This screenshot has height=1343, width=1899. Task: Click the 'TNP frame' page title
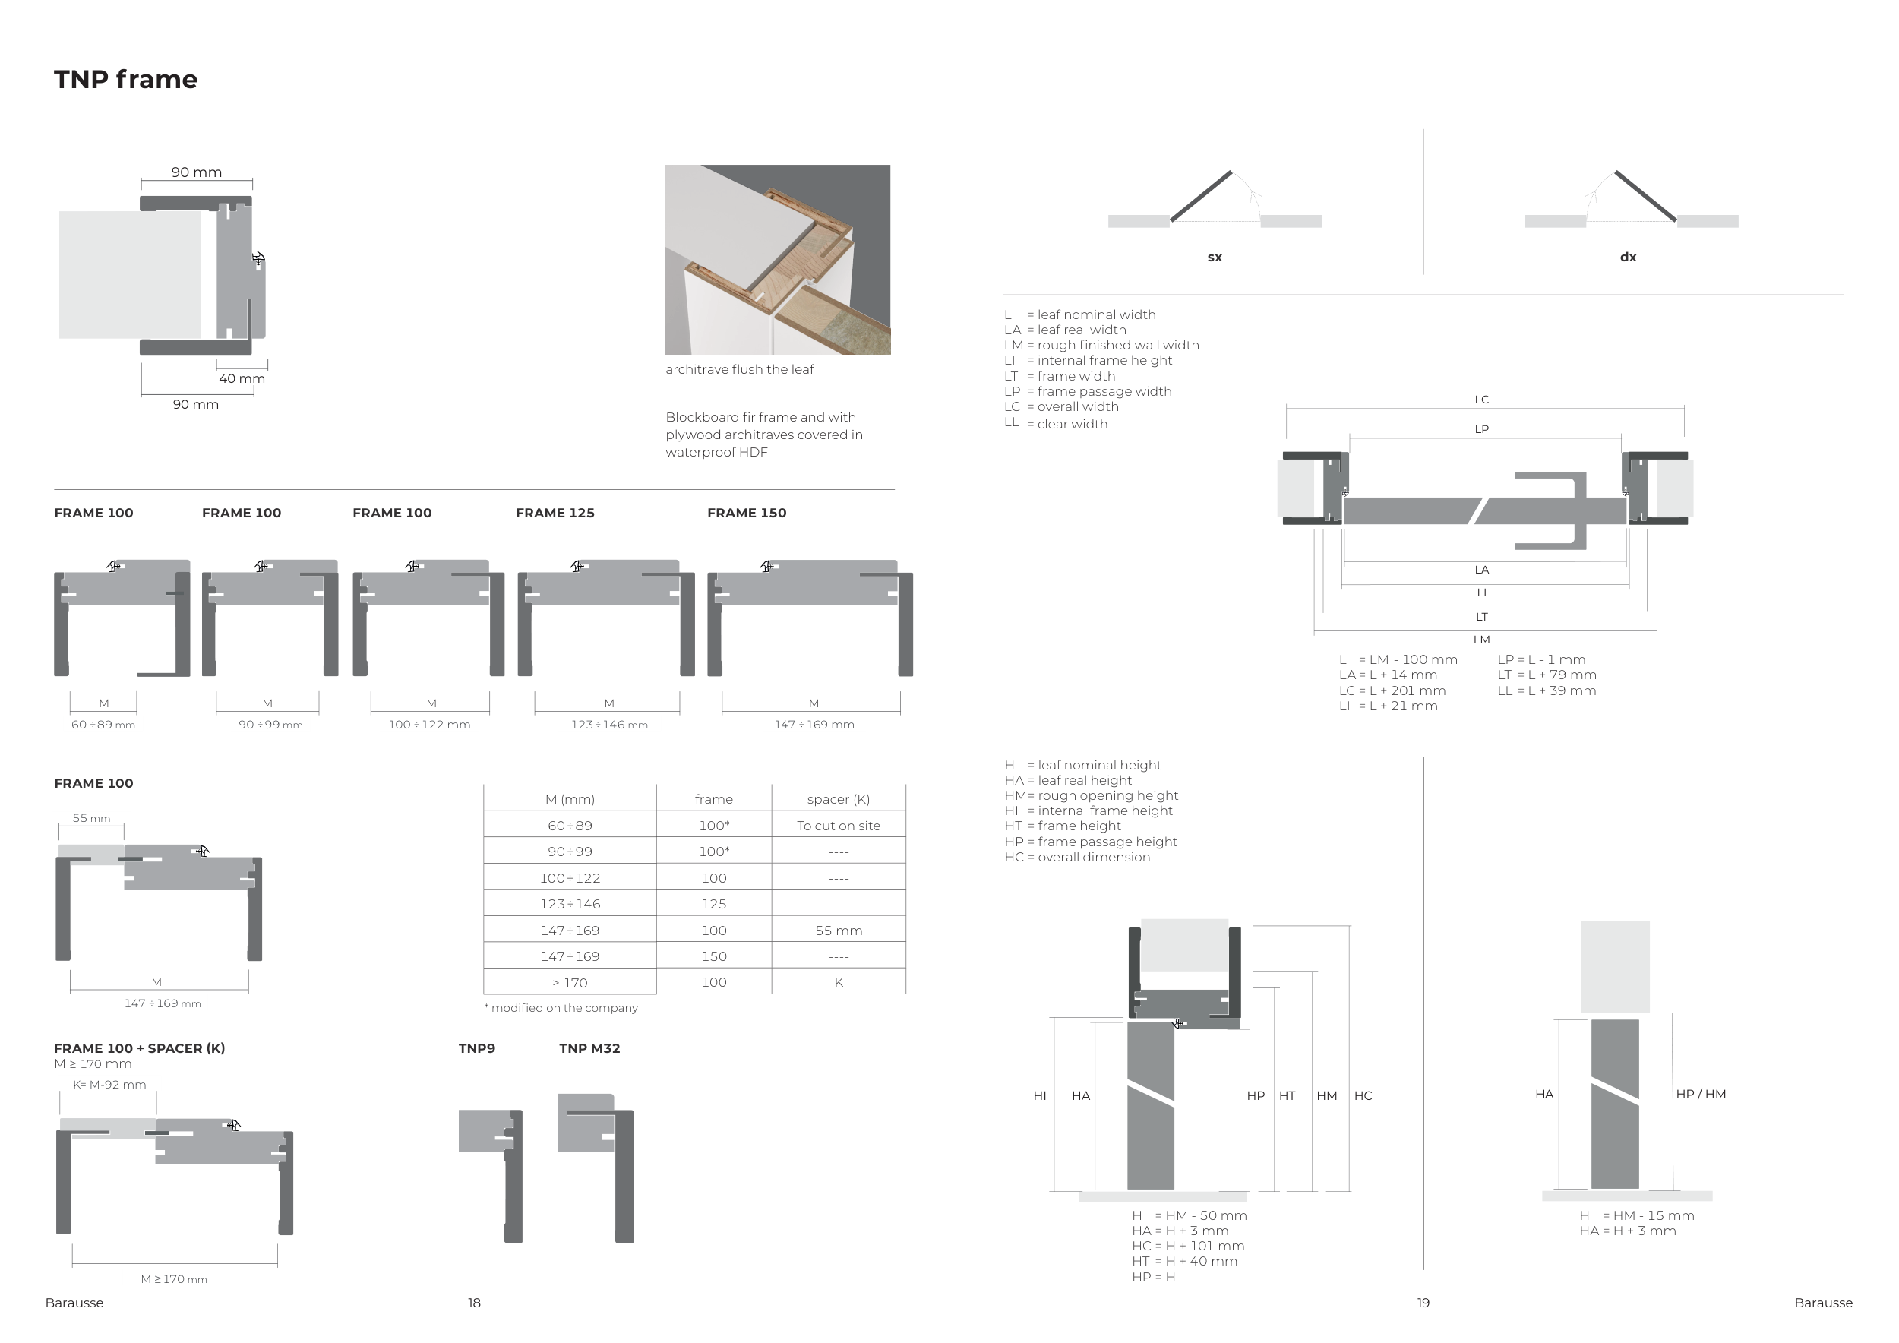pyautogui.click(x=126, y=80)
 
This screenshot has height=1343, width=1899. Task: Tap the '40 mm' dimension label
pyautogui.click(x=242, y=379)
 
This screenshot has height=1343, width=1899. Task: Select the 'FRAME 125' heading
pyautogui.click(x=555, y=513)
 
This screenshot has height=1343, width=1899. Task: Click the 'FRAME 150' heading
pyautogui.click(x=746, y=513)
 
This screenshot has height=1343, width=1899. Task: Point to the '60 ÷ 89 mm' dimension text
pyautogui.click(x=103, y=725)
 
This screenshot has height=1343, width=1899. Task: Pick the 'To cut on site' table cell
pyautogui.click(x=838, y=825)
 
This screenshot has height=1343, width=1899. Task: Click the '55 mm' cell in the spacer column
pyautogui.click(x=838, y=931)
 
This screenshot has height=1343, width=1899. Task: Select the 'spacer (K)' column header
pyautogui.click(x=838, y=799)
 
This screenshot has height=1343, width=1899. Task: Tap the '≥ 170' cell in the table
pyautogui.click(x=570, y=982)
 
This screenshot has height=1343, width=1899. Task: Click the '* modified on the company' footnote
pyautogui.click(x=561, y=1008)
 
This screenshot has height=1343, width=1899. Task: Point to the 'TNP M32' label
pyautogui.click(x=589, y=1048)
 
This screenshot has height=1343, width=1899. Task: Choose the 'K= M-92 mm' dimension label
pyautogui.click(x=109, y=1085)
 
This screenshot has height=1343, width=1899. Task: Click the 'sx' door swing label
pyautogui.click(x=1214, y=258)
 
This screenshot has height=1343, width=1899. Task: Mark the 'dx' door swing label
pyautogui.click(x=1628, y=258)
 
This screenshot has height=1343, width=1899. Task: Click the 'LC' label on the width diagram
pyautogui.click(x=1481, y=400)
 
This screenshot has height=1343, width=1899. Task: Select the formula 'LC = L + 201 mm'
pyautogui.click(x=1392, y=690)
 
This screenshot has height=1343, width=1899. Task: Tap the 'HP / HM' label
pyautogui.click(x=1701, y=1094)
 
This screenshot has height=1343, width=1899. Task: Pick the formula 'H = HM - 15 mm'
pyautogui.click(x=1636, y=1215)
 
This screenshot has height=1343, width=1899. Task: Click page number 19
pyautogui.click(x=1423, y=1303)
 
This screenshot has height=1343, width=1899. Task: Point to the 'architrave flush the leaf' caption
pyautogui.click(x=739, y=370)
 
